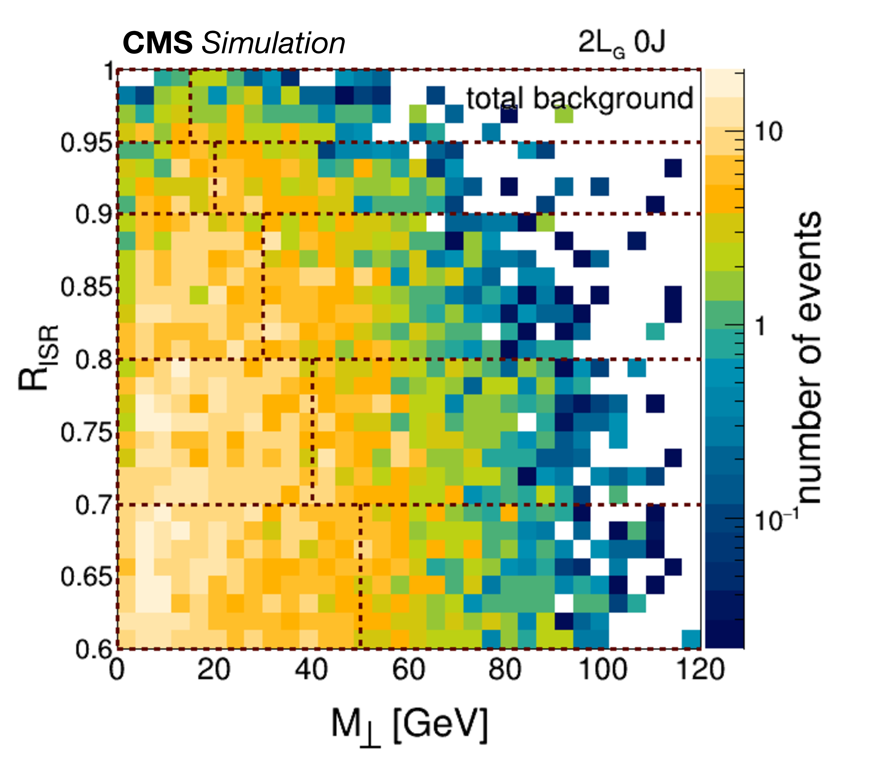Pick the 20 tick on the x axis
pyautogui.click(x=214, y=669)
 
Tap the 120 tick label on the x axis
pyautogui.click(x=701, y=669)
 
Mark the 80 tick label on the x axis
pyautogui.click(x=505, y=669)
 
